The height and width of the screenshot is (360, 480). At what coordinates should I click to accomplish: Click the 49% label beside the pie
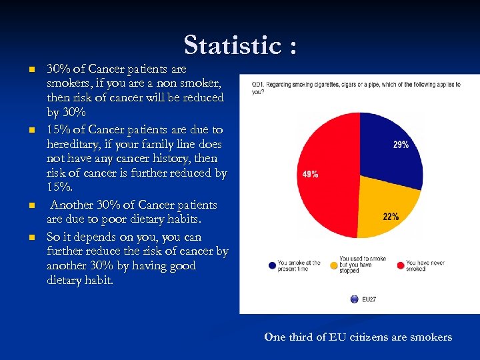310,175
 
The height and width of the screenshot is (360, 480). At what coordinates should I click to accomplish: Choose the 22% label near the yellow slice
391,216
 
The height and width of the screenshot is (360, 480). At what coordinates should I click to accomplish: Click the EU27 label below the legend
369,299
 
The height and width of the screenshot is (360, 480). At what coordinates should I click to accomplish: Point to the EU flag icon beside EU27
355,299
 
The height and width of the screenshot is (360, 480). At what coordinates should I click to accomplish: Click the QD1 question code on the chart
257,85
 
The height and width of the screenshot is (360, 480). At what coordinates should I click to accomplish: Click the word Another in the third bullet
75,205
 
